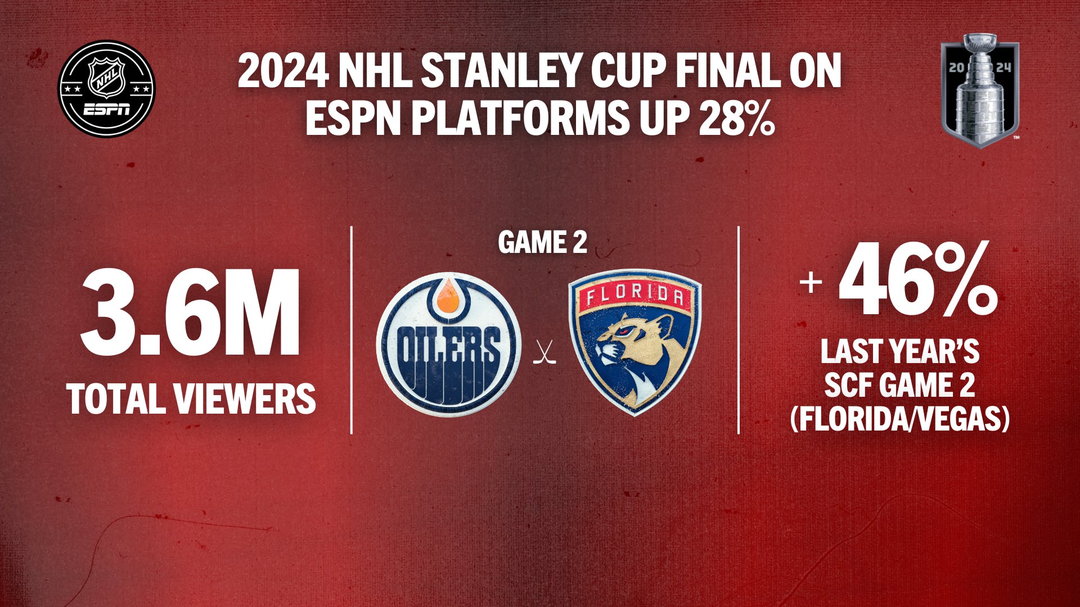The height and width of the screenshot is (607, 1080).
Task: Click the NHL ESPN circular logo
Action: [107, 89]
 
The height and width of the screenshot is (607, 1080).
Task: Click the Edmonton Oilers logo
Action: [448, 344]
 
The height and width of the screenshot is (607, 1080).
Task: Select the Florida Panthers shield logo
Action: [635, 343]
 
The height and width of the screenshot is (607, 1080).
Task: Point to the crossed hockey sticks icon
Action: [544, 352]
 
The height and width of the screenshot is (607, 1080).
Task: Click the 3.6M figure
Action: [191, 312]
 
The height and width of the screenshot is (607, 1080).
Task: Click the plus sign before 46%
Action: [811, 282]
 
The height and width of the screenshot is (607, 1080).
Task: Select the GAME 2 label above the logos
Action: [542, 243]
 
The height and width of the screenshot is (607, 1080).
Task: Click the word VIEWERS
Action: [245, 398]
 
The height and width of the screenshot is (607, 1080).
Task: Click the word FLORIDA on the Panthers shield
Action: [635, 296]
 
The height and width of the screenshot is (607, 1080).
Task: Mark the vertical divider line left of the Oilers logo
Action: [352, 330]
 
